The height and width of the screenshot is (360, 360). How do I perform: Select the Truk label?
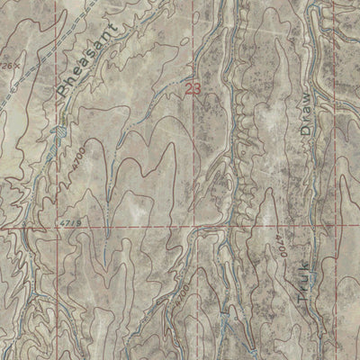[x=301, y=274]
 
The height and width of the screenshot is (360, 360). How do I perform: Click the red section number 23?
[x=193, y=88]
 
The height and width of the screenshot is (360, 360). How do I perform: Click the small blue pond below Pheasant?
[x=60, y=131]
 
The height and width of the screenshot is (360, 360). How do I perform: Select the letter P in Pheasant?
[x=64, y=92]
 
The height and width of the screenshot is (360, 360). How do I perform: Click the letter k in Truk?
[x=301, y=255]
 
